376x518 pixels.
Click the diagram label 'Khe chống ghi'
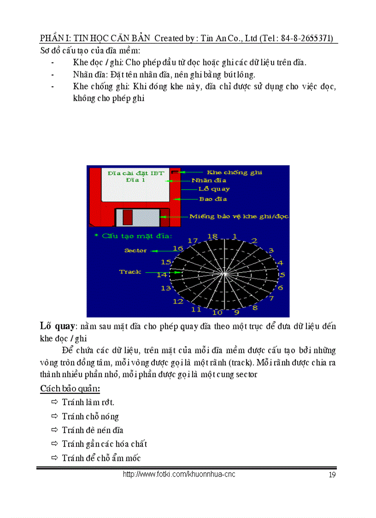coord(234,173)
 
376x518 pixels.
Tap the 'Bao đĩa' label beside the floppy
coord(213,199)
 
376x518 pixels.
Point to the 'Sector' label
coord(135,250)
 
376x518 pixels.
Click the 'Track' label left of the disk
coord(130,272)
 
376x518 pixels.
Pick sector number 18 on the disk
coord(212,236)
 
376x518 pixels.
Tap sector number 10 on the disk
coord(217,313)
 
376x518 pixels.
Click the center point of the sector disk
coord(224,274)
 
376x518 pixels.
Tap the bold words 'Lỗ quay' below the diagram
coord(57,327)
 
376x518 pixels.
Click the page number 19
coord(332,475)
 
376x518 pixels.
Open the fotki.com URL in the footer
coord(179,474)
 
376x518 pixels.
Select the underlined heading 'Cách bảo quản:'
coord(70,388)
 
